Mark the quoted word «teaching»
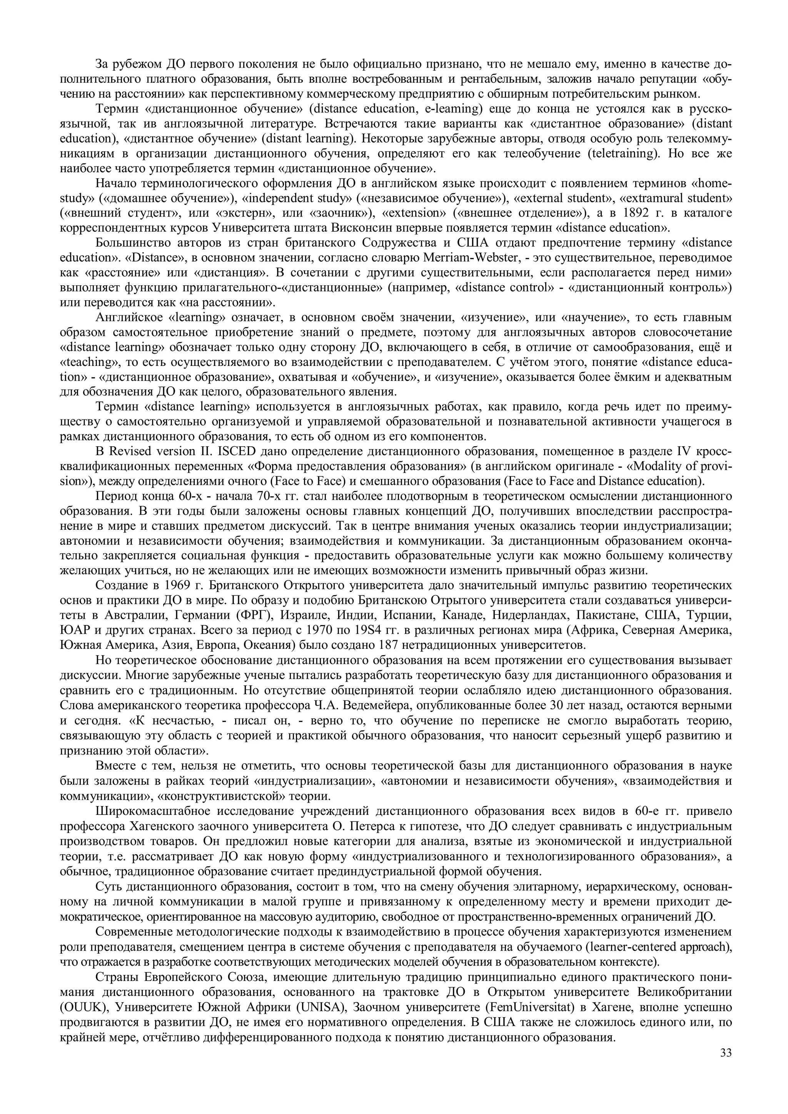pos(87,362)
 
